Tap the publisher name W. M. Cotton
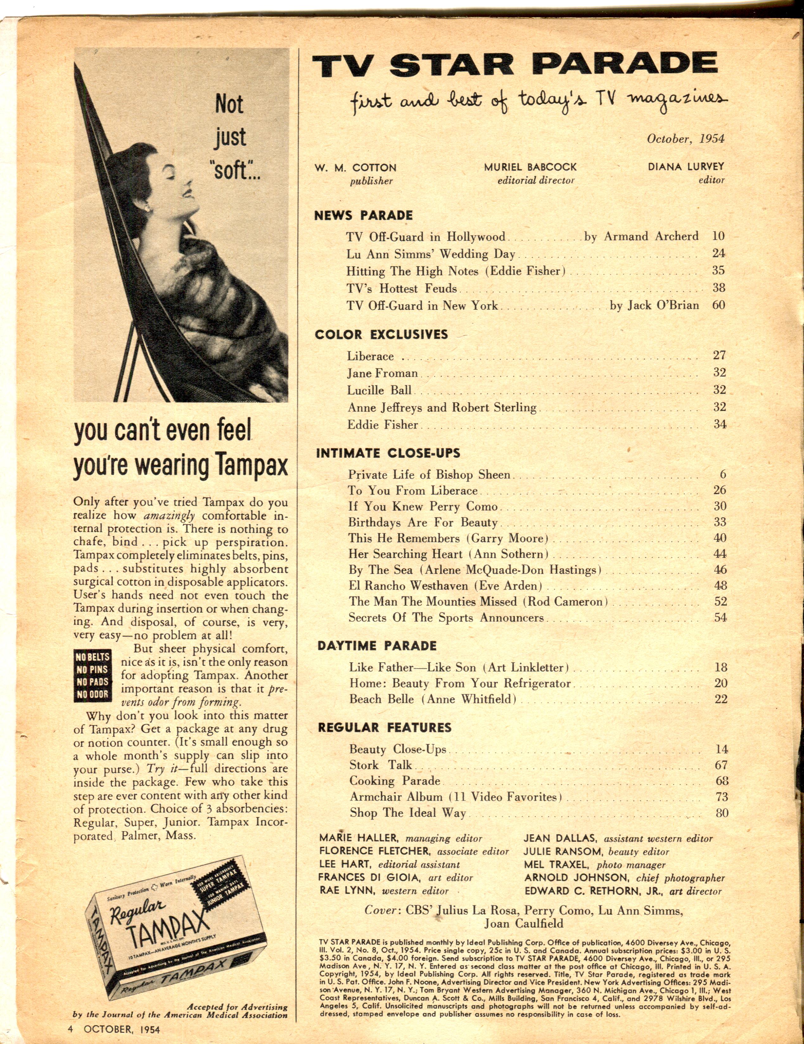[x=355, y=168]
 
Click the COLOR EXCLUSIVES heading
[x=381, y=334]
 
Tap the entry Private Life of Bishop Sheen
[x=429, y=475]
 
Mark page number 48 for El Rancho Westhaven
[x=720, y=586]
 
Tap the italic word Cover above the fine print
[x=380, y=910]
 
